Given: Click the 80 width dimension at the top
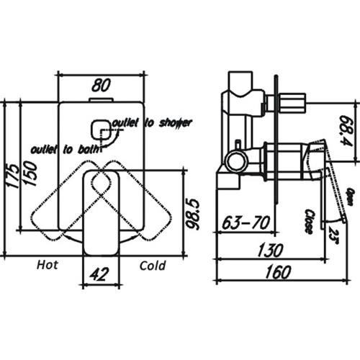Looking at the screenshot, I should (101, 84).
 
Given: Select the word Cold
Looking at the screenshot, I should (152, 266).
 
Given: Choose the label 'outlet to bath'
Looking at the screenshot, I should (62, 149).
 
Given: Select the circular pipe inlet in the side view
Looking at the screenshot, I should (235, 159).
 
